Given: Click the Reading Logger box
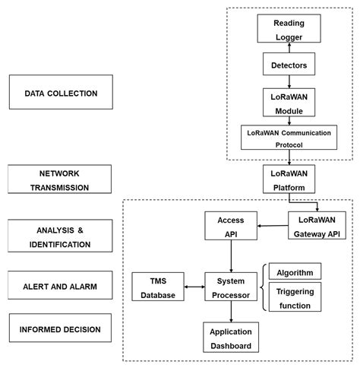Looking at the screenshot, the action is point(289,28).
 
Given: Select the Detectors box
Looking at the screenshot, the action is point(289,64).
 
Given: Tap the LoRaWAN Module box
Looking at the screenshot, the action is point(289,103).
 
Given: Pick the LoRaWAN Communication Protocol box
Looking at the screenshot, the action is point(289,137).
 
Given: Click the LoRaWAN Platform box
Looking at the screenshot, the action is point(289,179).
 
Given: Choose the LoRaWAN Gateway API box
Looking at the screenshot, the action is point(317,225).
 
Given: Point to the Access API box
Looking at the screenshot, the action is point(231,226).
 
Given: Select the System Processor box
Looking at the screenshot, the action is point(231,287).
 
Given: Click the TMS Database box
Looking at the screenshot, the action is point(158,287).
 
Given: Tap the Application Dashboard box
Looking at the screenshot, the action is point(231,338).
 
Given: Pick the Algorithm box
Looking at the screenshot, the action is point(295,271).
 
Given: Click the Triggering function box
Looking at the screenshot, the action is point(295,297).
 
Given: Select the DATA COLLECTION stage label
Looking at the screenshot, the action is point(61,92).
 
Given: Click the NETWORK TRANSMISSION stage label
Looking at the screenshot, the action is point(59,179).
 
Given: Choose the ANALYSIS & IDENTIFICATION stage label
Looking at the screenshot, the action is point(60,236).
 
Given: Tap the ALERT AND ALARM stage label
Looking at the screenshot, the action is point(60,285).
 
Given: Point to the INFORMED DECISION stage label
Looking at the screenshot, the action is point(60,328).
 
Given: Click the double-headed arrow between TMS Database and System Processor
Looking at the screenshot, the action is point(194,287).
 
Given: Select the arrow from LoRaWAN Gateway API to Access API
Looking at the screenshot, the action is point(273,226).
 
